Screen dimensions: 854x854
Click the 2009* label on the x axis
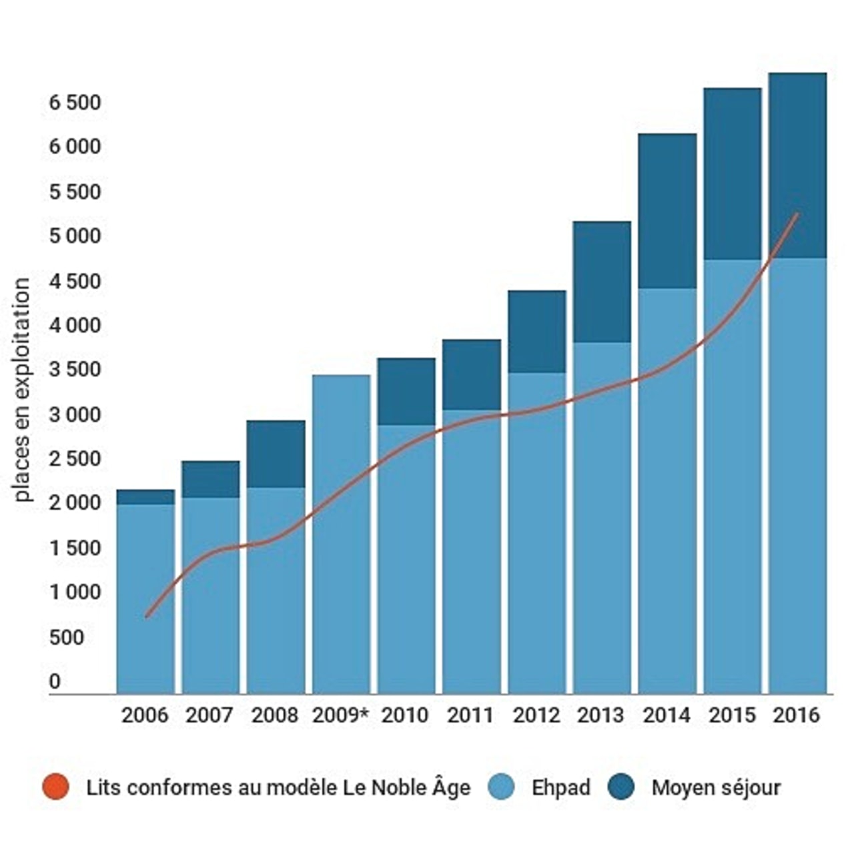coord(340,715)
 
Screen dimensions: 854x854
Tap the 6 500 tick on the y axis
coord(75,103)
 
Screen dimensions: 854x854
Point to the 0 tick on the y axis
coord(55,682)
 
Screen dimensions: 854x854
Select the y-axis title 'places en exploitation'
coord(23,390)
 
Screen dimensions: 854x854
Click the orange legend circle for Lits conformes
coord(55,787)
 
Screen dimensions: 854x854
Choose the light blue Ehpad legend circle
coord(502,787)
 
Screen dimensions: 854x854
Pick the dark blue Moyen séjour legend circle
coord(621,787)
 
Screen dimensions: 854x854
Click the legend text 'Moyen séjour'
coord(716,787)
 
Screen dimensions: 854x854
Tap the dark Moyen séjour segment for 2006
coord(145,497)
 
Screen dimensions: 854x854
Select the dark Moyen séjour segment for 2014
coord(667,211)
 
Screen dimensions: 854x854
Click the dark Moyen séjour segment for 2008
coord(276,454)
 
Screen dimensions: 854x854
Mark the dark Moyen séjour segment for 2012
coord(536,332)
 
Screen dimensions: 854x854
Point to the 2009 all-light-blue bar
coord(341,534)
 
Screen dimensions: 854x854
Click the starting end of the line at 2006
coord(147,616)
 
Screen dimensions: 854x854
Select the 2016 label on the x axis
coord(796,715)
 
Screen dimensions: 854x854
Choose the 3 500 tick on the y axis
coord(75,370)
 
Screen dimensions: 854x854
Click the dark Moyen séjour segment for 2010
coord(406,392)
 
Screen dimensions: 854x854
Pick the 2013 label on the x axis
coord(600,715)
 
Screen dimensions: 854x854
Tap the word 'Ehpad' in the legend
coord(560,787)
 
